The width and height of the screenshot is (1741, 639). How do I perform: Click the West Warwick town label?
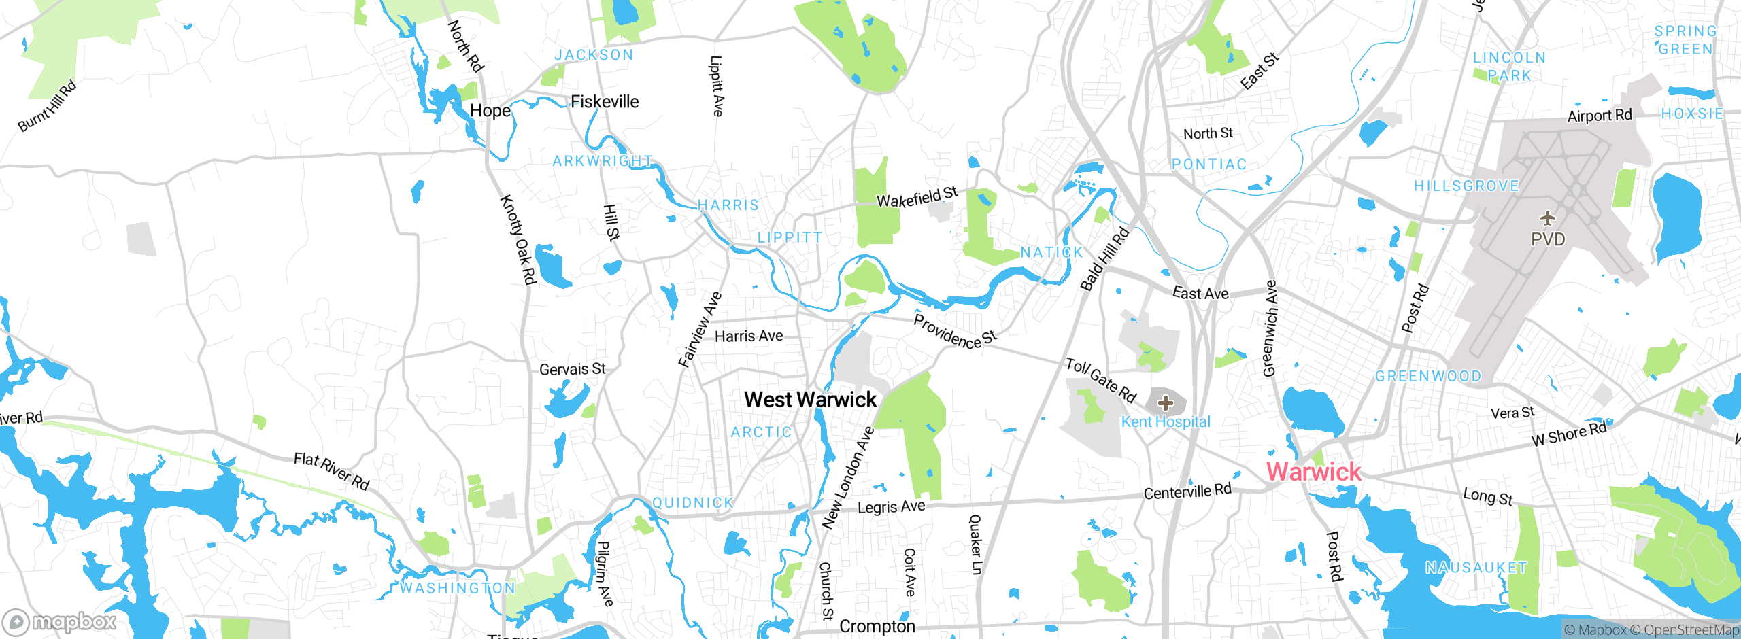point(810,400)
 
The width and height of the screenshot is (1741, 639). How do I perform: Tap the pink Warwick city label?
point(1313,472)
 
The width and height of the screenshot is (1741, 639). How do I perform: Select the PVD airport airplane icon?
point(1548,218)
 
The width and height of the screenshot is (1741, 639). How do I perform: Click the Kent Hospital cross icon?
point(1166,403)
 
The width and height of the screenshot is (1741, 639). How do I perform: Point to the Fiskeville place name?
point(605,102)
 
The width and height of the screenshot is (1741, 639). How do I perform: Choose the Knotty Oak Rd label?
point(519,239)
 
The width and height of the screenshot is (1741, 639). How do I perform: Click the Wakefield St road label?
point(917,198)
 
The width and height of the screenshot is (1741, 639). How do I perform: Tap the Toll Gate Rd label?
point(1101,380)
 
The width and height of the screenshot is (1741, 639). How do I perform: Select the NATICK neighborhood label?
point(1051,253)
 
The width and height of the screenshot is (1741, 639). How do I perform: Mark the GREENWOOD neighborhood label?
point(1428,377)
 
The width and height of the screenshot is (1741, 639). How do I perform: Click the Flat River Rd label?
point(331,471)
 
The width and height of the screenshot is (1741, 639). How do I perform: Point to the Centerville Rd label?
point(1187,491)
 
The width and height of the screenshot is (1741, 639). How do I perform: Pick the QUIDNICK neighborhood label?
point(693,503)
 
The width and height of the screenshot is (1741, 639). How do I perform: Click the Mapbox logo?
point(60,621)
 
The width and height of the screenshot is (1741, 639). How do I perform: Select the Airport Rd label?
point(1600,116)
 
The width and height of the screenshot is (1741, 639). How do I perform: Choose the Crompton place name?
point(877,626)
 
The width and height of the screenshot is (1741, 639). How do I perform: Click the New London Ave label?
point(847,478)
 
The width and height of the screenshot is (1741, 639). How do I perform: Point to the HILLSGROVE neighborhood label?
point(1466,186)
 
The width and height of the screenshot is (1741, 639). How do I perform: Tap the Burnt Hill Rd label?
point(47,106)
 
